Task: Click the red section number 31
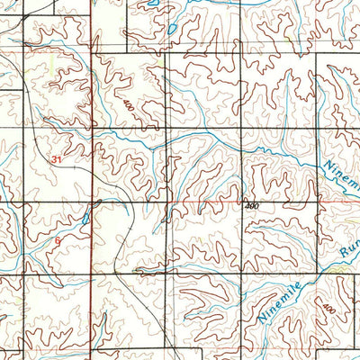click(x=58, y=159)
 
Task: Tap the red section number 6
click(x=58, y=241)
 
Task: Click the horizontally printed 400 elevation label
click(x=251, y=206)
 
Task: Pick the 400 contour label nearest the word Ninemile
click(x=329, y=309)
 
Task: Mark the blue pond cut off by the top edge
click(x=156, y=4)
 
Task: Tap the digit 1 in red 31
click(x=62, y=159)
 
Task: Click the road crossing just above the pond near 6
click(x=93, y=202)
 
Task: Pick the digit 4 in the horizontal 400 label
click(x=246, y=206)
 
